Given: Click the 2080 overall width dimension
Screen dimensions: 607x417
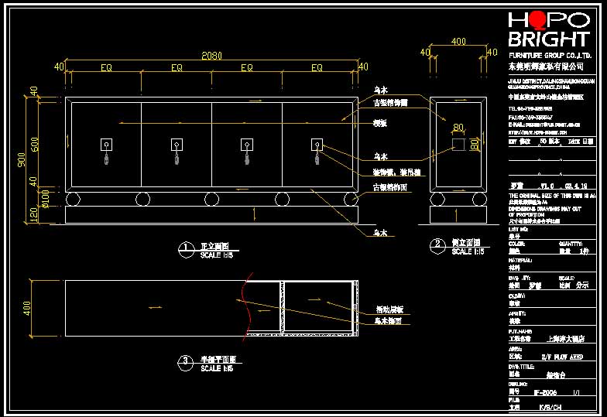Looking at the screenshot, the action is tap(211, 55).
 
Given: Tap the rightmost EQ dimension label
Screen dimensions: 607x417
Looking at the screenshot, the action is tap(317, 68).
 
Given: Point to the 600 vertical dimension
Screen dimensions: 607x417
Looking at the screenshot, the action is tap(34, 143).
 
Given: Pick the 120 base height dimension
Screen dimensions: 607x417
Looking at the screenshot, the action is tap(34, 213).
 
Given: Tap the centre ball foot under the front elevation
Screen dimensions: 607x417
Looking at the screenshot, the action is tap(211, 199).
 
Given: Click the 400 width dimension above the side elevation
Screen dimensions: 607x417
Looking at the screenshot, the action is tap(458, 41).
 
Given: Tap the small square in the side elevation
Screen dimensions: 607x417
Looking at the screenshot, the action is tap(458, 145).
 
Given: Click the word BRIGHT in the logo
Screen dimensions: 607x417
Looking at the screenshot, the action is tap(548, 39).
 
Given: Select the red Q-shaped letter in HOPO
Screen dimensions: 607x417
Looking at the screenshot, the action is tap(537, 20).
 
